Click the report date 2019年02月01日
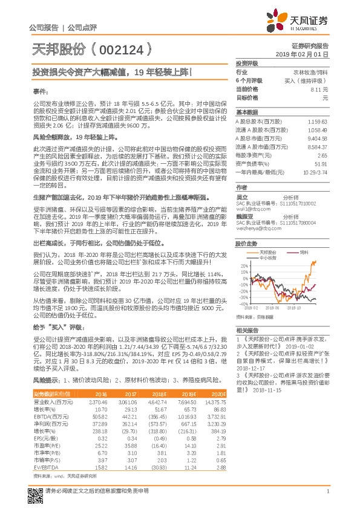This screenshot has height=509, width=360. pyautogui.click(x=307, y=54)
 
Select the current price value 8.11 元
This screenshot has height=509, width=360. pyautogui.click(x=318, y=89)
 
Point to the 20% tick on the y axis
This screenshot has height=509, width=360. pyautogui.click(x=244, y=265)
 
